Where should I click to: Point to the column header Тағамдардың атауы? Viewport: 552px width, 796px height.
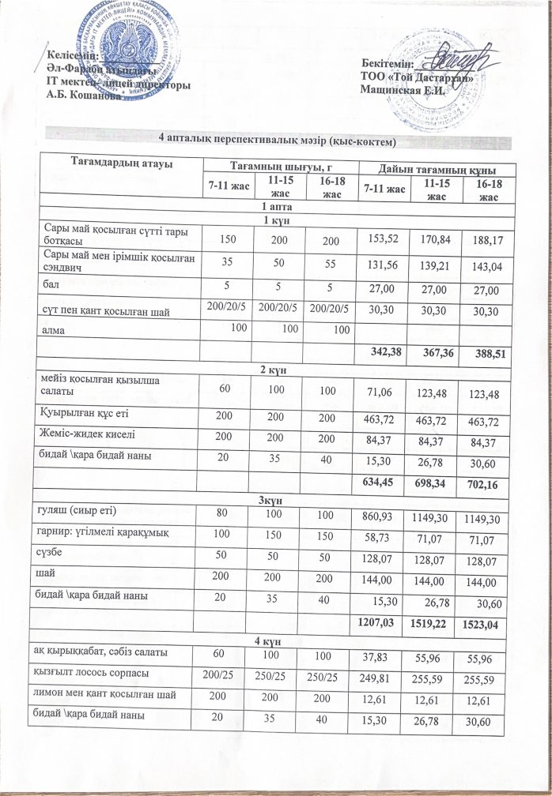pos(122,164)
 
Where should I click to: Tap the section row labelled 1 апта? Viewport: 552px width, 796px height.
pos(274,206)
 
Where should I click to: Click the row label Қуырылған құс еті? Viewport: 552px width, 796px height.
pos(85,412)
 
